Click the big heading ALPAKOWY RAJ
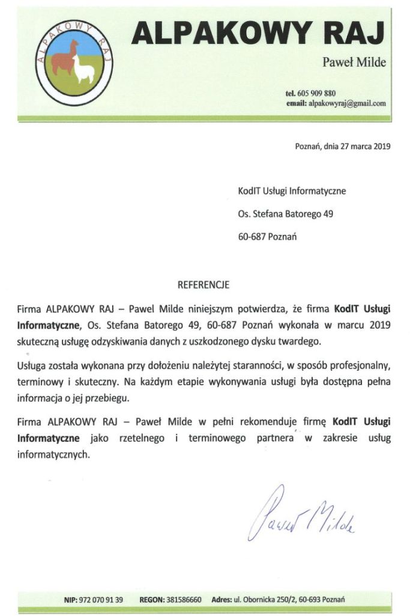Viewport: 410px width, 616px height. click(258, 32)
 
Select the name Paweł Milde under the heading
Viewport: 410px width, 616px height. click(354, 63)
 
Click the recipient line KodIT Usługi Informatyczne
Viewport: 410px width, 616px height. click(292, 191)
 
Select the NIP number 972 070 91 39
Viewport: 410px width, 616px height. click(101, 600)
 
